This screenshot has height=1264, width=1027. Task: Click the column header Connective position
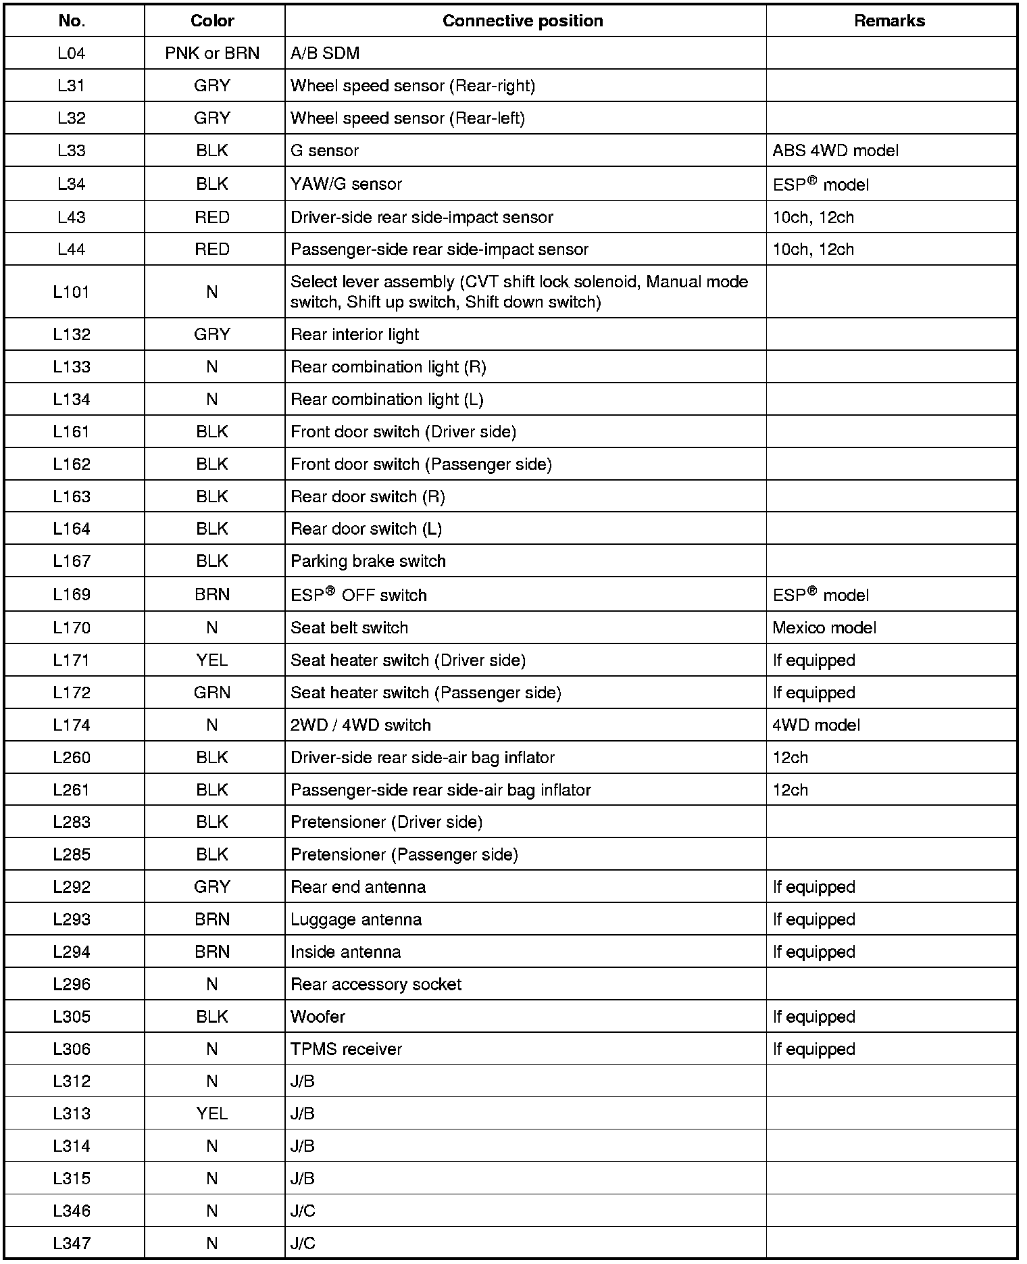pyautogui.click(x=522, y=21)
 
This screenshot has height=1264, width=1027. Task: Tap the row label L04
pyautogui.click(x=72, y=53)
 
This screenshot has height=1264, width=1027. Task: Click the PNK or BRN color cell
pyautogui.click(x=212, y=53)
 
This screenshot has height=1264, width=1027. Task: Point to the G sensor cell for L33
pyautogui.click(x=324, y=151)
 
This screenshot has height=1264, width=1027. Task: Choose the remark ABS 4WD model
pyautogui.click(x=835, y=151)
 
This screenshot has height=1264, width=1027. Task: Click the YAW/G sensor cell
pyautogui.click(x=346, y=184)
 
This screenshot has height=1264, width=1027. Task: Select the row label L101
pyautogui.click(x=72, y=292)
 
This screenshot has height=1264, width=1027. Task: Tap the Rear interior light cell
pyautogui.click(x=355, y=335)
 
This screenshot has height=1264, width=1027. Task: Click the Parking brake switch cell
pyautogui.click(x=368, y=561)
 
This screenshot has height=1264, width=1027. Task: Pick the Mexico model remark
pyautogui.click(x=824, y=628)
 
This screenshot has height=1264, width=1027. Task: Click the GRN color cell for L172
pyautogui.click(x=212, y=693)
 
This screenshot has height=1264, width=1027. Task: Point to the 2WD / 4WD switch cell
pyautogui.click(x=361, y=725)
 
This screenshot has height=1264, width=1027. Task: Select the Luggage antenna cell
pyautogui.click(x=356, y=920)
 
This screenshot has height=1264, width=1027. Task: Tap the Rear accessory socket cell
pyautogui.click(x=376, y=984)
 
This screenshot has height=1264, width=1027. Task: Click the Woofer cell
pyautogui.click(x=318, y=1017)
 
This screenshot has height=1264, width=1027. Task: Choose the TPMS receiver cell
pyautogui.click(x=346, y=1049)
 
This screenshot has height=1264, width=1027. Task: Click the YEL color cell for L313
pyautogui.click(x=212, y=1113)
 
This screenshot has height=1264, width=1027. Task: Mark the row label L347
pyautogui.click(x=72, y=1243)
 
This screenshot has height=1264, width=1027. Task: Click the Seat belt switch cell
pyautogui.click(x=349, y=628)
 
